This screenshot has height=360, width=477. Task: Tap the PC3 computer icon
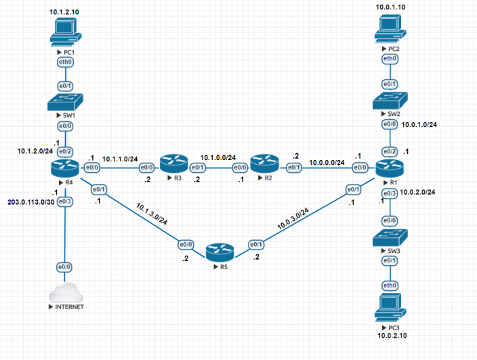click(x=390, y=307)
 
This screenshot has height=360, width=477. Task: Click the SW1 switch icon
click(x=65, y=102)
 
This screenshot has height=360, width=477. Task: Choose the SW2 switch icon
click(x=390, y=100)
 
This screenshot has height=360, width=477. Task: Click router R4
click(x=65, y=165)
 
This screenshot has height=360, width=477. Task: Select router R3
click(x=173, y=163)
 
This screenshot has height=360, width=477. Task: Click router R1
click(x=390, y=167)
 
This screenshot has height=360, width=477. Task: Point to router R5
click(x=220, y=252)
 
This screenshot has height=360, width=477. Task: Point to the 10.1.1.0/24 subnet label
click(x=121, y=158)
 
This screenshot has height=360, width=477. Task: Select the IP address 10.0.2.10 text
click(x=390, y=335)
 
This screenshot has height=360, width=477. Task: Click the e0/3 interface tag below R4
click(x=65, y=201)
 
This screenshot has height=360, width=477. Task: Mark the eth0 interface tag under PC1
click(x=65, y=62)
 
